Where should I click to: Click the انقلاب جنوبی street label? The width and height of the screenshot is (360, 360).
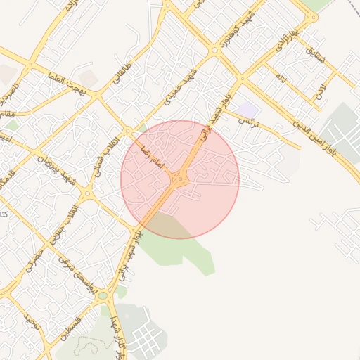coord(72,209)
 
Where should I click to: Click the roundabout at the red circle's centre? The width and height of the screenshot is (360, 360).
coord(180,179)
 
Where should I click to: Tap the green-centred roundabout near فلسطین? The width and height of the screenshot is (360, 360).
coord(103,296)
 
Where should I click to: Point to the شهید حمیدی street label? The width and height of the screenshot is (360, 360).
coord(179,89)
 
